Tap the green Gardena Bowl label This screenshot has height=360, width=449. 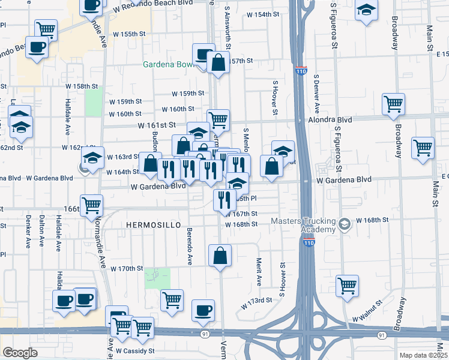pos(167,64)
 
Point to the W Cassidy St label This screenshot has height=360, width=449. pos(136,350)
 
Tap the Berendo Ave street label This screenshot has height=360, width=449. pos(188,246)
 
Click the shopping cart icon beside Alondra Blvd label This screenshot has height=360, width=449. pos(393,104)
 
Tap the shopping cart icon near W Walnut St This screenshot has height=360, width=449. pos(347,286)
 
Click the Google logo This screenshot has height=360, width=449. pos(20,353)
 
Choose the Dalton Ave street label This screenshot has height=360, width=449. pos(41,231)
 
